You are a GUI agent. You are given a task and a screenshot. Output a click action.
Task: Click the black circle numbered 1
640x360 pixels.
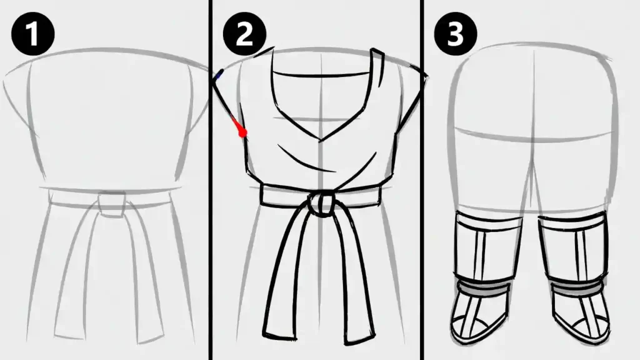click(x=33, y=34)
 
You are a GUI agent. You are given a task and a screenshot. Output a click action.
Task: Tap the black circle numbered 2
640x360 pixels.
click(x=244, y=34)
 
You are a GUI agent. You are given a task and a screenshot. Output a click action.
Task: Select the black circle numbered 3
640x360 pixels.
click(x=456, y=34)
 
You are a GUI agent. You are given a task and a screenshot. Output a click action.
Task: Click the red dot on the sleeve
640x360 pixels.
click(x=243, y=132)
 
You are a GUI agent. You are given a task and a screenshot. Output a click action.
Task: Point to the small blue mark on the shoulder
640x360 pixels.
click(x=219, y=74)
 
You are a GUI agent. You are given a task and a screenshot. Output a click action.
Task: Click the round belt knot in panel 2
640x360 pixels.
click(x=321, y=204)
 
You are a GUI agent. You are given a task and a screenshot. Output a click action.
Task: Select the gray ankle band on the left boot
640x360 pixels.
click(x=483, y=284)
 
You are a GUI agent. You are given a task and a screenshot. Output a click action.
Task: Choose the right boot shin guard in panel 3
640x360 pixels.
click(x=573, y=248)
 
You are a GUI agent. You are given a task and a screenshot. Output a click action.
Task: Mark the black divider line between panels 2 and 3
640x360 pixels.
click(x=422, y=180)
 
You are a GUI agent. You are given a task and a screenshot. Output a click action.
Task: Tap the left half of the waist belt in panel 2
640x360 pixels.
click(x=285, y=195)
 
